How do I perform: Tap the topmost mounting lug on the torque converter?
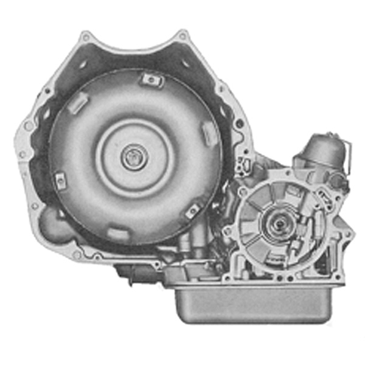(x=150, y=78)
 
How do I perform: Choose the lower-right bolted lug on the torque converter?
(x=192, y=210)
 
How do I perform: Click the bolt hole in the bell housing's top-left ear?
(x=86, y=38)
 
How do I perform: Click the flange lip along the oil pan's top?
(x=255, y=285)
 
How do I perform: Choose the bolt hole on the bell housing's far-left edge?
(x=27, y=127)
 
